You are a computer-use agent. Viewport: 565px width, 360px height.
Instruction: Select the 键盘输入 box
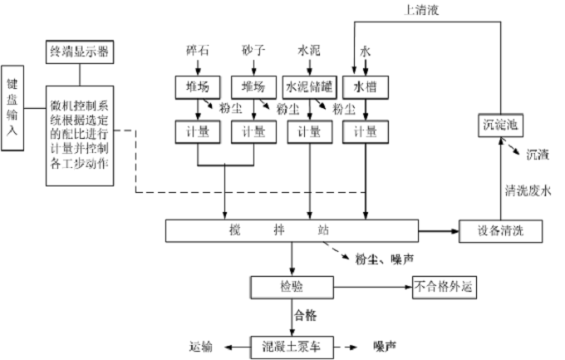(x=12, y=109)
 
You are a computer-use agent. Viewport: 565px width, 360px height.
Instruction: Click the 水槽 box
(x=365, y=86)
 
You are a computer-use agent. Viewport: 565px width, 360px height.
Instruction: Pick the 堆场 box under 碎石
(x=196, y=86)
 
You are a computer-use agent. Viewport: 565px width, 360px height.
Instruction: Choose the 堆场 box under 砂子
(x=253, y=86)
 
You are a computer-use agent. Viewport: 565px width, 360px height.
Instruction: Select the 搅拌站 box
(x=291, y=230)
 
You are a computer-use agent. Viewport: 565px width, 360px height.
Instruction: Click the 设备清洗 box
(x=500, y=230)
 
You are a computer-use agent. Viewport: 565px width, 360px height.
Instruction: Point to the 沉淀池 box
(x=500, y=126)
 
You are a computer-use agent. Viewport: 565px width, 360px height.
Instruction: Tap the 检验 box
(x=291, y=287)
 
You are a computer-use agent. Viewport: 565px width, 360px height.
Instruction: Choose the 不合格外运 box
(x=445, y=287)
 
